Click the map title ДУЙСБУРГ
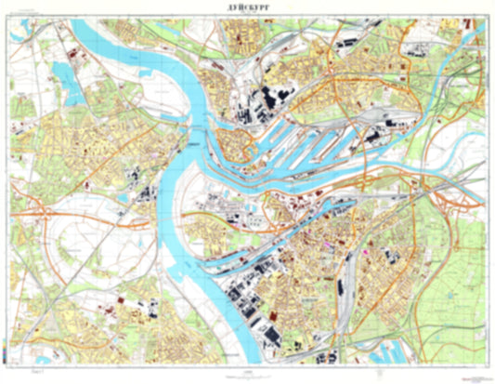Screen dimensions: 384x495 click(247, 7)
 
